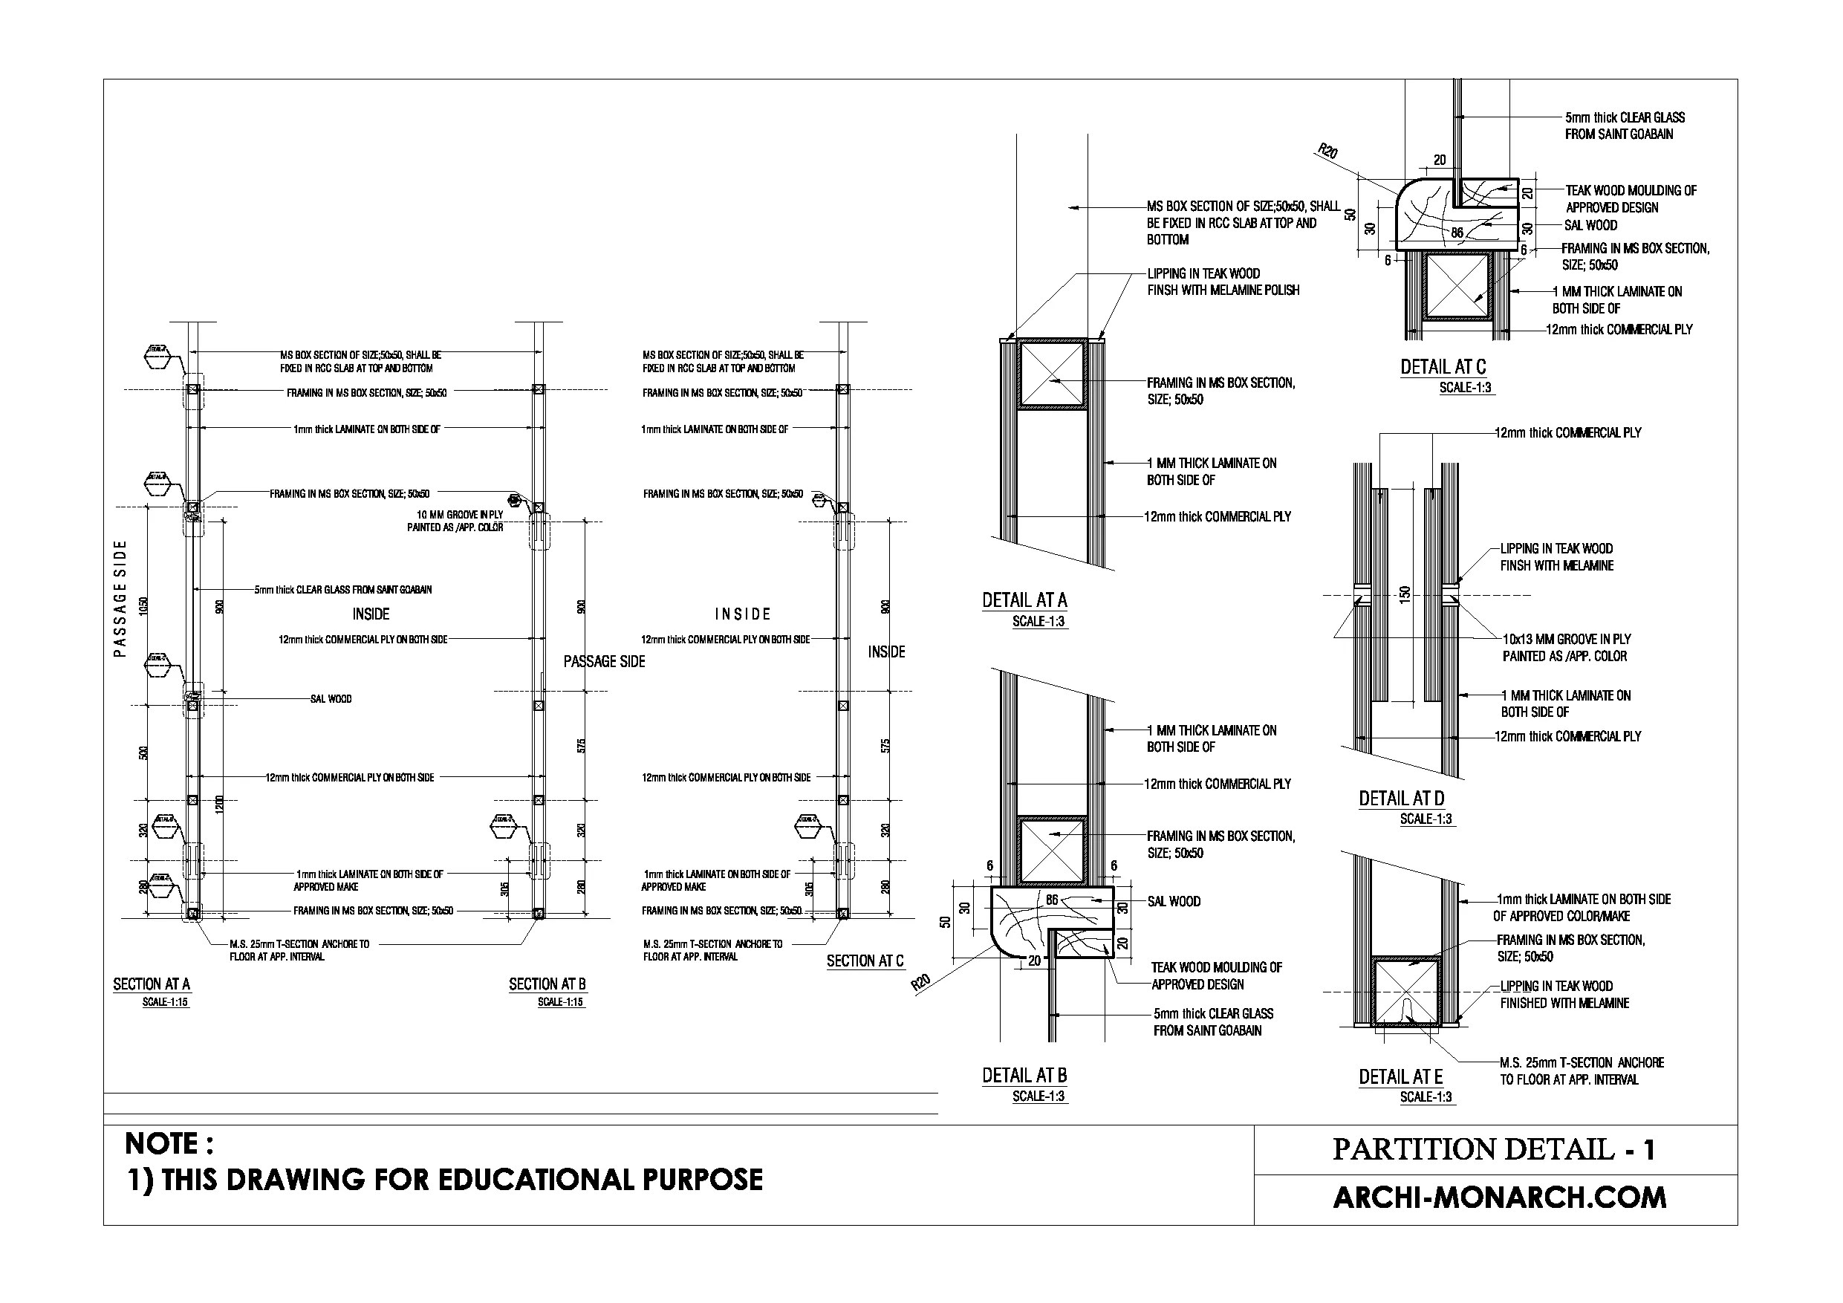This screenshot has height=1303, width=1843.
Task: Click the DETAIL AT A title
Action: click(1024, 599)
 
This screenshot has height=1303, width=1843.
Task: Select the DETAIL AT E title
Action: click(1400, 1076)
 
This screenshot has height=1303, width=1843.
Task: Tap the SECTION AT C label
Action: click(865, 961)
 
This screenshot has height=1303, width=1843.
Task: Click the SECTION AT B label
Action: click(547, 984)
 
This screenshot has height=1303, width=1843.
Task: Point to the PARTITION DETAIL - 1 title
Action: click(1494, 1149)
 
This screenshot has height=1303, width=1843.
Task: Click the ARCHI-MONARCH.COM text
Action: click(1498, 1197)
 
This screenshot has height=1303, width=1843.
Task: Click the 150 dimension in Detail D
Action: click(1404, 595)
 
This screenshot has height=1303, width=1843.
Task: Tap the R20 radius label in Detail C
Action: click(1328, 151)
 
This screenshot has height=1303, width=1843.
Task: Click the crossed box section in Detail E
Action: click(1406, 992)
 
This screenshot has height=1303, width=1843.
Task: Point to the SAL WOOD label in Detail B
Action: click(1174, 901)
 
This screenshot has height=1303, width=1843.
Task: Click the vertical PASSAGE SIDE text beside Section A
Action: click(120, 598)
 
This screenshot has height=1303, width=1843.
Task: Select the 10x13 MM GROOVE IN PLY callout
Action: click(1566, 647)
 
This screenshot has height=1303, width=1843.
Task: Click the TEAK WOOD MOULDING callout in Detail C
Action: click(1631, 198)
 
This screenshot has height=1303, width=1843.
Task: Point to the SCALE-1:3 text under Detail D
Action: click(1426, 819)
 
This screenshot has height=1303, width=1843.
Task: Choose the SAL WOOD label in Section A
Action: click(331, 698)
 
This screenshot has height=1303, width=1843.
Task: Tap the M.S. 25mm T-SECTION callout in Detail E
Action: click(1582, 1070)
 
